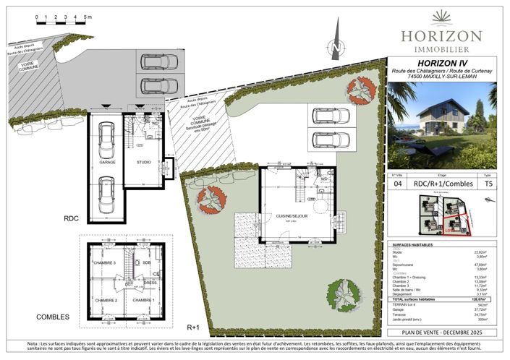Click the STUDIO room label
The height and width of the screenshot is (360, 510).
[144, 162]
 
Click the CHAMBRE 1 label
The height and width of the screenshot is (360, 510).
[144, 300]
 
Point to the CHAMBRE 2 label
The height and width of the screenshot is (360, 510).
[106, 300]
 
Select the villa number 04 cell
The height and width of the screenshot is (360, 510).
[397, 184]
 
